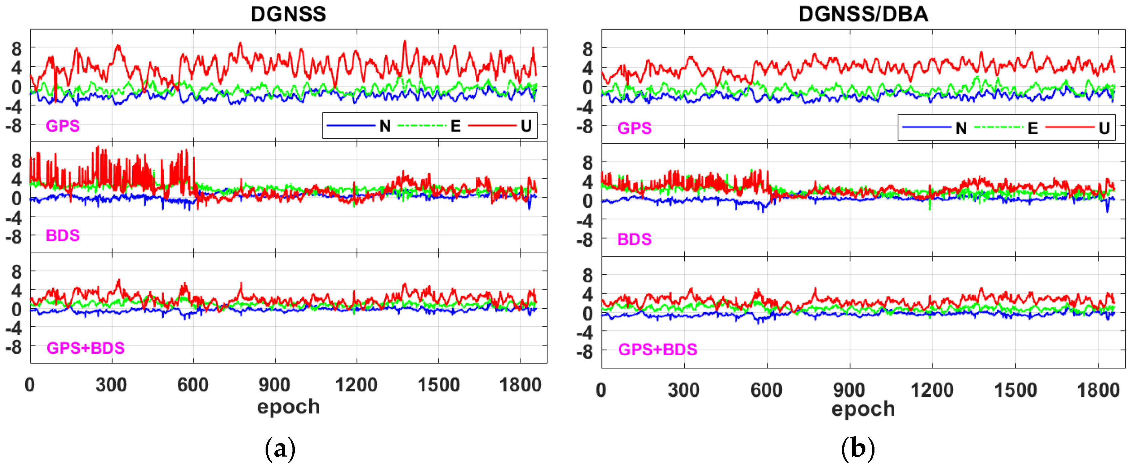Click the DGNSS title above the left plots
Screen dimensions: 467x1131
288,14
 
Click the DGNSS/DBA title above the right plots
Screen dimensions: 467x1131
863,14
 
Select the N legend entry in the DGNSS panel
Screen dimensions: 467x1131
385,127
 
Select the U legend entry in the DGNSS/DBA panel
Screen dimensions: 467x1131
1104,128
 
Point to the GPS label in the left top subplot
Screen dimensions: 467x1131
63,126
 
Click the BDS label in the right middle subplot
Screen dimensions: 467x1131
634,240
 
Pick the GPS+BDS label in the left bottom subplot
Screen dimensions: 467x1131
86,348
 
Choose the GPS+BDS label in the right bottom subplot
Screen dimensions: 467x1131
657,350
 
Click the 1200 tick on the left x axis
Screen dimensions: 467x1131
356,385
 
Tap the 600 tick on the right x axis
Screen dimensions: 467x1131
766,390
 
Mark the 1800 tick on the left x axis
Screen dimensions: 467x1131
520,385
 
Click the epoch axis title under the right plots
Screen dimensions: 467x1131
863,409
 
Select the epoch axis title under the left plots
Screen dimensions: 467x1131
288,407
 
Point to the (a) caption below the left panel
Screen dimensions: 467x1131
280,449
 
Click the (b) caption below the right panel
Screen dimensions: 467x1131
857,449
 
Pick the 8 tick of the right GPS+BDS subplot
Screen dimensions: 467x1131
587,276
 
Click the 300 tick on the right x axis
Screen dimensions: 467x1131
683,390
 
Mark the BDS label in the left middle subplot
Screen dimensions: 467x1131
63,236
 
